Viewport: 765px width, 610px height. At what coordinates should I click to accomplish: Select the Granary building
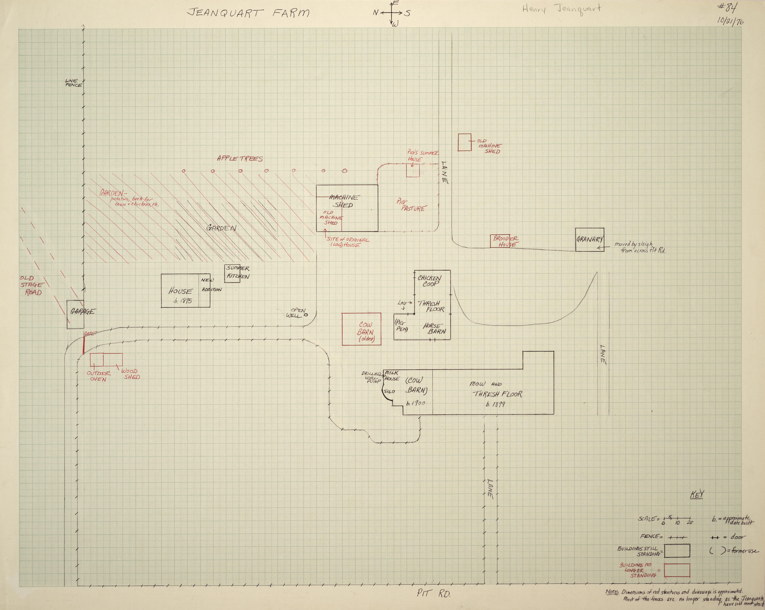pyautogui.click(x=589, y=239)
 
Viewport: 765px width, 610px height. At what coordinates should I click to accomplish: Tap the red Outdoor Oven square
pyautogui.click(x=96, y=359)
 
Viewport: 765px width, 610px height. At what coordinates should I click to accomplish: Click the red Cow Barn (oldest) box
pyautogui.click(x=361, y=329)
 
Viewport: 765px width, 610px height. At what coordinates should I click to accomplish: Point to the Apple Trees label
pyautogui.click(x=240, y=159)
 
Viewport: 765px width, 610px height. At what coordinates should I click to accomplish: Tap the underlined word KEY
pyautogui.click(x=697, y=495)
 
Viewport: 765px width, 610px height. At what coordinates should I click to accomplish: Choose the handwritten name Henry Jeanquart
pyautogui.click(x=561, y=9)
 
